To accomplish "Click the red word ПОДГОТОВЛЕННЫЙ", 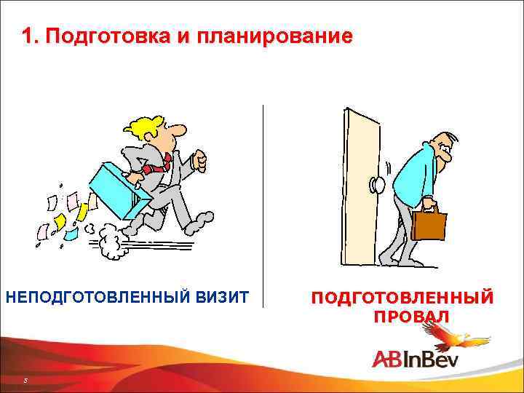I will (402, 298).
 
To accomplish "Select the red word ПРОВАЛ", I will (412, 317).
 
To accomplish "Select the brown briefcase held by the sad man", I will (429, 223).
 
